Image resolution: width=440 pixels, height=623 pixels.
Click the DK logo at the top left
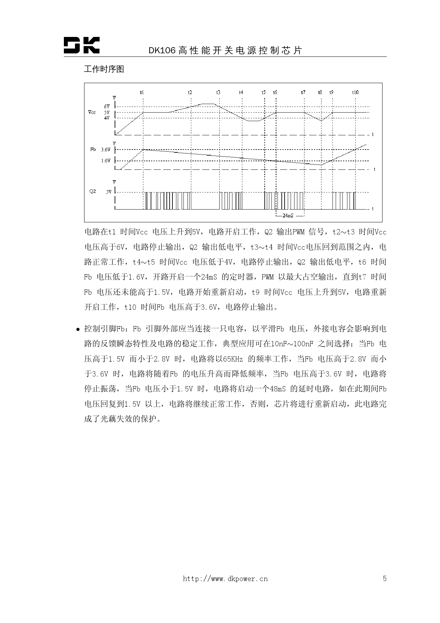[x=82, y=45]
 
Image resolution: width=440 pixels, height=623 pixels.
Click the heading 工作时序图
[x=104, y=69]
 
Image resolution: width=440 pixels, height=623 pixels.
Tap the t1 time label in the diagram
[x=142, y=92]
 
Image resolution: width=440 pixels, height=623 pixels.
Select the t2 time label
[x=190, y=92]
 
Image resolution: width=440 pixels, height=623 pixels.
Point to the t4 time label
[x=241, y=92]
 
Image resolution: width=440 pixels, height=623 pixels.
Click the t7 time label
[x=303, y=92]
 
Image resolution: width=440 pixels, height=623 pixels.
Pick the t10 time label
[x=355, y=92]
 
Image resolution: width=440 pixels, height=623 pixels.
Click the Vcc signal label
[x=92, y=112]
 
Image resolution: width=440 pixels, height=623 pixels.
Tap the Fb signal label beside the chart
[x=93, y=150]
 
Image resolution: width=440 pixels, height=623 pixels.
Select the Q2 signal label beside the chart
[x=92, y=191]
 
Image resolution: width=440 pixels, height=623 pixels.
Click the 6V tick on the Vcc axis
[x=107, y=107]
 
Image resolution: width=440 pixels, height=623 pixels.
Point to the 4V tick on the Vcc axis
[x=107, y=118]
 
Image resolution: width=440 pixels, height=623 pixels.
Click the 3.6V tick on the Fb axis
[x=106, y=150]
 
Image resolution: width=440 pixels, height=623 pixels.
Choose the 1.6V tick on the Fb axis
[x=106, y=161]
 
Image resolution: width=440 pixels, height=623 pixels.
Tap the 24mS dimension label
[x=288, y=216]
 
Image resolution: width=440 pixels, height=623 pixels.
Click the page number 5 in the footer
[x=385, y=579]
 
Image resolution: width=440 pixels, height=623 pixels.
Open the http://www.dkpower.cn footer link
[x=225, y=579]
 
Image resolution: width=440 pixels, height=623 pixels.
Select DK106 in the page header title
[x=162, y=51]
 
